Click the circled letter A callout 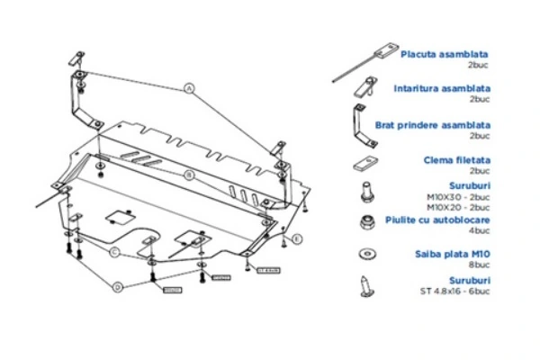pyautogui.click(x=190, y=88)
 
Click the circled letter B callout pyautogui.click(x=190, y=174)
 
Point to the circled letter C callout pyautogui.click(x=115, y=253)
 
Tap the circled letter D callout pyautogui.click(x=118, y=287)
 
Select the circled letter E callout pyautogui.click(x=297, y=238)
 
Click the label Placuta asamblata pyautogui.click(x=445, y=54)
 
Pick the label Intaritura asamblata pyautogui.click(x=442, y=89)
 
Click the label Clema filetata pyautogui.click(x=457, y=159)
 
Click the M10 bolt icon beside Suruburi pyautogui.click(x=365, y=191)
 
